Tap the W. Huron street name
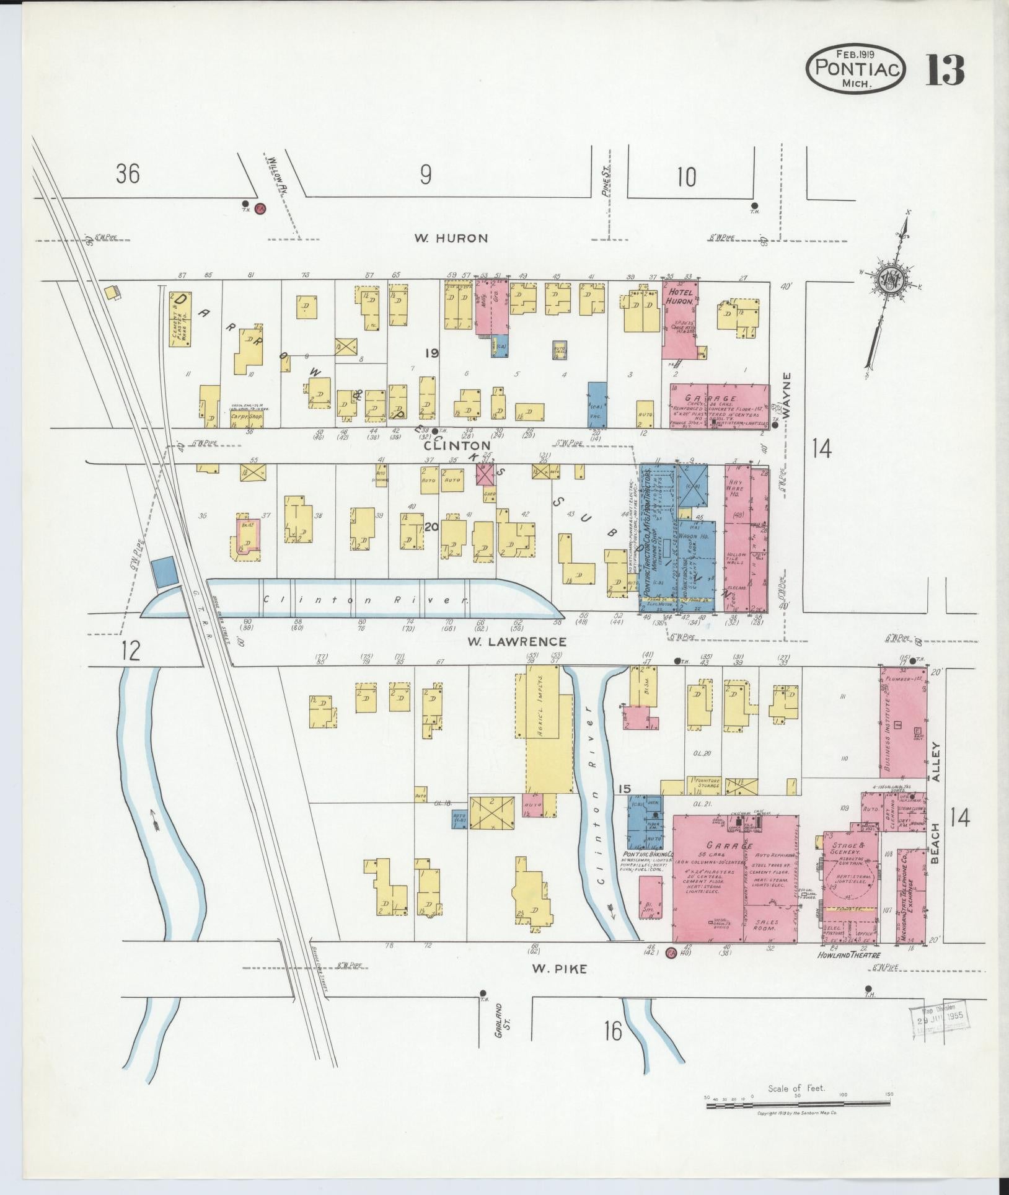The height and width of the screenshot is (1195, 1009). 451,238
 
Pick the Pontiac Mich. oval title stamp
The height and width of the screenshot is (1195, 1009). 856,69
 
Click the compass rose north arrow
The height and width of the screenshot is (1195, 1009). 890,279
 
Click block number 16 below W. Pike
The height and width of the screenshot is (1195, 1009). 612,1031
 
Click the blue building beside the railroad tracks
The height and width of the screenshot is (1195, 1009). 164,571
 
